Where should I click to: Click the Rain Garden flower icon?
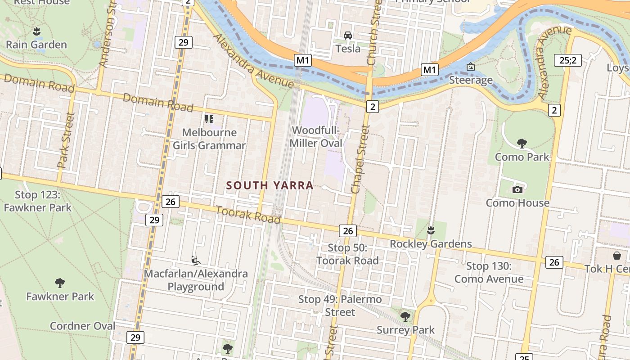tap(36, 31)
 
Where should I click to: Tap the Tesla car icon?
tap(347, 35)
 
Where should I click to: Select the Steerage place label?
tap(471, 80)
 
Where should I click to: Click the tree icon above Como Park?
tap(522, 144)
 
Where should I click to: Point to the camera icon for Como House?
tap(517, 189)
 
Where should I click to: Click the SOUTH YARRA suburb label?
tap(270, 185)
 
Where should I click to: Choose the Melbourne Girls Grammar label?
tap(209, 139)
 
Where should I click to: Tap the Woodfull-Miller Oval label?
tap(316, 137)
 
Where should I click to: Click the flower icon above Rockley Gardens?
tap(431, 231)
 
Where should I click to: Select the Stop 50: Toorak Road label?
tap(347, 254)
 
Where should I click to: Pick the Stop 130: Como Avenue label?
tap(489, 272)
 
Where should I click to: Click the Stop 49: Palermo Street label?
tap(340, 305)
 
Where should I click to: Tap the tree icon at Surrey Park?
tap(405, 317)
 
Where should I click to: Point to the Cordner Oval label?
tap(82, 326)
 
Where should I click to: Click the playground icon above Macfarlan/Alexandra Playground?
tap(195, 260)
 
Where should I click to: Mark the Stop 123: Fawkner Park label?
tap(38, 201)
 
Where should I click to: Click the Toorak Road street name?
tap(248, 215)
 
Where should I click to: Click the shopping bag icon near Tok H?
tap(616, 256)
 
